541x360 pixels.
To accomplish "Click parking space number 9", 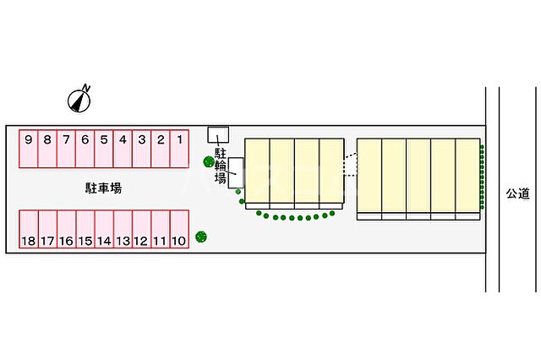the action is (x=28, y=149).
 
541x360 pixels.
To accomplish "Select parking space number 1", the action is (x=179, y=149).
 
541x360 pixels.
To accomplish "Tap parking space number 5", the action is (x=104, y=149).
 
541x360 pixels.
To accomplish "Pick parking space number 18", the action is (x=29, y=229).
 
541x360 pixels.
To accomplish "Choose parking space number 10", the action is (x=179, y=229).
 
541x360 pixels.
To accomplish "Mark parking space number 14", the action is (x=104, y=229).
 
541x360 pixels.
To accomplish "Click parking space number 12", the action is (x=141, y=229).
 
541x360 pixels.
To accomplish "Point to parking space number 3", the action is (x=141, y=149).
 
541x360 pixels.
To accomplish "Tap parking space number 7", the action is (x=66, y=149).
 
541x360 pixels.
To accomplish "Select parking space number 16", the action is (x=66, y=229).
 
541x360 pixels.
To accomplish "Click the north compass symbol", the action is (x=79, y=100).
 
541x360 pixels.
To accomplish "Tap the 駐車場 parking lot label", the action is (x=103, y=188).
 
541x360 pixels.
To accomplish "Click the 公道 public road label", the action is (x=517, y=194).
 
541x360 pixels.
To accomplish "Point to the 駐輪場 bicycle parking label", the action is (x=221, y=166).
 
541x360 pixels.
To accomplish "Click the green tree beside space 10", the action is (x=201, y=237).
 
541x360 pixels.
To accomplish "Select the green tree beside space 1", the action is (x=209, y=161).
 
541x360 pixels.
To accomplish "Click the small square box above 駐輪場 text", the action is (x=218, y=135).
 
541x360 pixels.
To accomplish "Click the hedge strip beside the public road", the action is (x=482, y=177).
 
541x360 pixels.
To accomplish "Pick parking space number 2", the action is (x=161, y=149).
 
